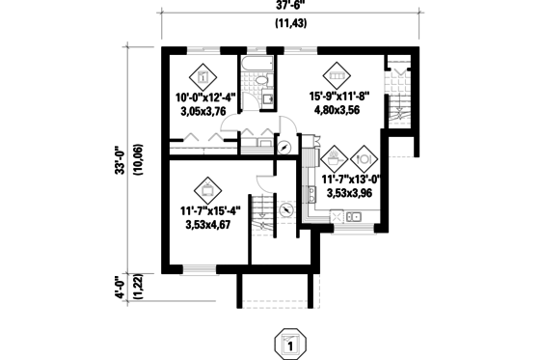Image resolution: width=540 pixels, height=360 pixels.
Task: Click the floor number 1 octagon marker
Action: click(x=286, y=343)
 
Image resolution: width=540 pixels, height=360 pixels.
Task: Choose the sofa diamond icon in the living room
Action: click(x=337, y=73)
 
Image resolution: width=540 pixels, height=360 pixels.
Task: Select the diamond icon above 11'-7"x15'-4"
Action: click(x=207, y=188)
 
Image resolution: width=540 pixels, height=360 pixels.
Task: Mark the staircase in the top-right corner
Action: click(x=398, y=97)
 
